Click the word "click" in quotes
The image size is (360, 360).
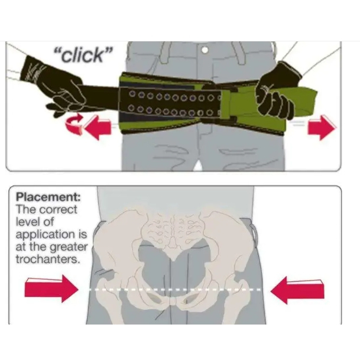[x=82, y=56]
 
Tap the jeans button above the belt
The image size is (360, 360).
[x=205, y=50]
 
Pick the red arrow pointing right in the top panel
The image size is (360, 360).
[x=322, y=127]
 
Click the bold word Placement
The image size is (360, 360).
[x=48, y=197]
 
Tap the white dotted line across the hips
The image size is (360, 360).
[x=177, y=289]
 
